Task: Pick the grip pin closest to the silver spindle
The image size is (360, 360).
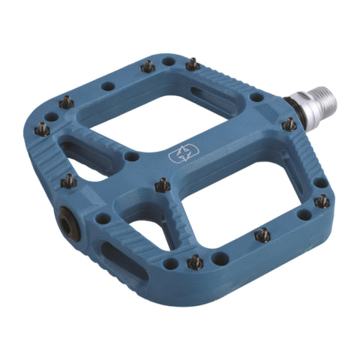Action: tap(288, 124)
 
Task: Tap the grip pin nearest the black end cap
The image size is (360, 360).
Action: tap(69, 180)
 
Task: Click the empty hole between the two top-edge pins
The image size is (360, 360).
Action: tap(169, 61)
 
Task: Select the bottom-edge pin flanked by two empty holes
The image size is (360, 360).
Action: tap(194, 262)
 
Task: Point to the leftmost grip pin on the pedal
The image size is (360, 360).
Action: tap(43, 129)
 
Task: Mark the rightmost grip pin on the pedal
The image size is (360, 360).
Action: tap(322, 201)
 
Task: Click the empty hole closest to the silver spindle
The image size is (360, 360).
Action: tap(256, 97)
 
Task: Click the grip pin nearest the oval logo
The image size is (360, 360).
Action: tap(162, 184)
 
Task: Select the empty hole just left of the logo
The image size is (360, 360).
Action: tap(132, 157)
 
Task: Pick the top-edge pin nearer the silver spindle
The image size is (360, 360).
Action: tap(193, 65)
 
